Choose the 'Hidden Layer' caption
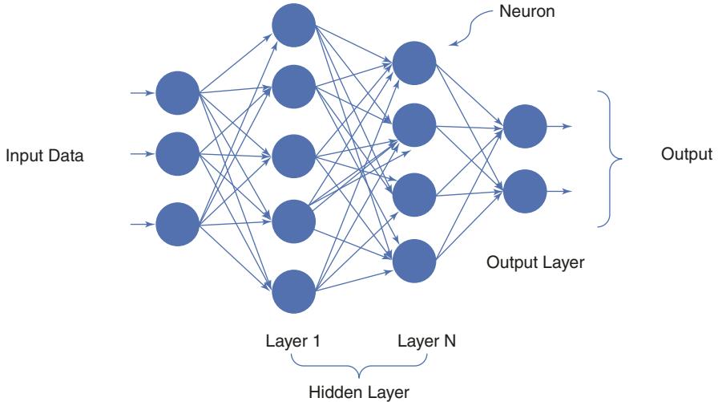coord(358,392)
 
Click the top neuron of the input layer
coord(177,93)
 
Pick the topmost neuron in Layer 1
coord(293,25)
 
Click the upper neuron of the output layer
coord(525,126)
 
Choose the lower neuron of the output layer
coord(525,192)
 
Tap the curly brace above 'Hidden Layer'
coord(358,369)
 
